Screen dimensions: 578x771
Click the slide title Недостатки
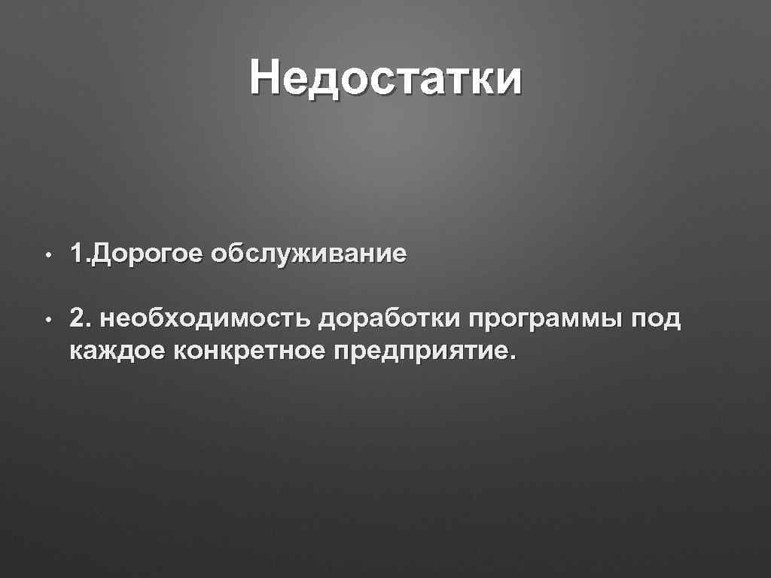385,79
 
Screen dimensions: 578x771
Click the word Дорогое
147,254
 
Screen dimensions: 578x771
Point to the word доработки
389,319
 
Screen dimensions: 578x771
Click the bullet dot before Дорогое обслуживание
47,256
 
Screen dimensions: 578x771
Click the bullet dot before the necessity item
47,321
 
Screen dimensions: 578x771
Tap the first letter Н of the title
267,79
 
